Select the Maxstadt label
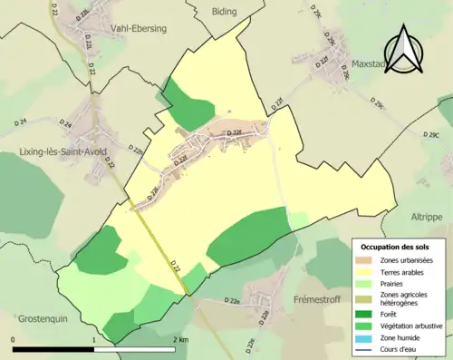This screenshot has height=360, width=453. point(375,65)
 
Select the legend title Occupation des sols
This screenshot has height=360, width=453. point(395,247)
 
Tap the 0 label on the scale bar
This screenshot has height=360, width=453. point(13,339)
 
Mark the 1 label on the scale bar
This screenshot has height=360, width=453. point(94,339)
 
